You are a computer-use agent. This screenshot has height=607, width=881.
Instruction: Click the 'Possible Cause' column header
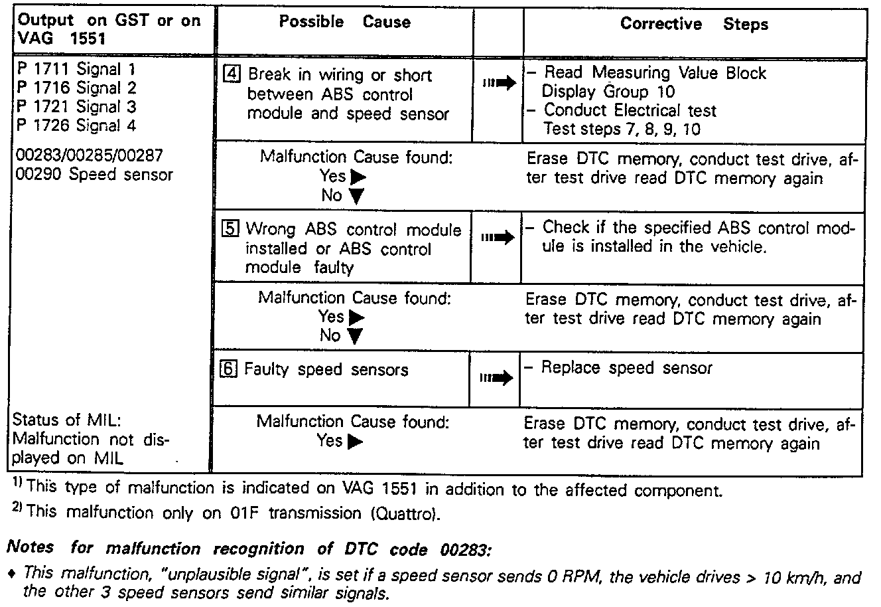click(x=344, y=22)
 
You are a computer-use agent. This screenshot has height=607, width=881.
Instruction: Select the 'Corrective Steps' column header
click(x=693, y=25)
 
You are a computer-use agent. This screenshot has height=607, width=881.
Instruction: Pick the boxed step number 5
click(x=230, y=230)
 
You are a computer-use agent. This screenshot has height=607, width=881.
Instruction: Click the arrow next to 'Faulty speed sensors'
click(x=496, y=379)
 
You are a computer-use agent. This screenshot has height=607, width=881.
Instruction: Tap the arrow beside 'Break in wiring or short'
click(x=499, y=84)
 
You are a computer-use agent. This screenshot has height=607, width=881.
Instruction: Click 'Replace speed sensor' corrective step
click(x=626, y=368)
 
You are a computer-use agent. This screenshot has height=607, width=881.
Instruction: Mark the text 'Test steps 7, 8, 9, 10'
click(x=622, y=129)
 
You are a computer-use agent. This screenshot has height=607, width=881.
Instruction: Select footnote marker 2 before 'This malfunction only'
click(x=18, y=509)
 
